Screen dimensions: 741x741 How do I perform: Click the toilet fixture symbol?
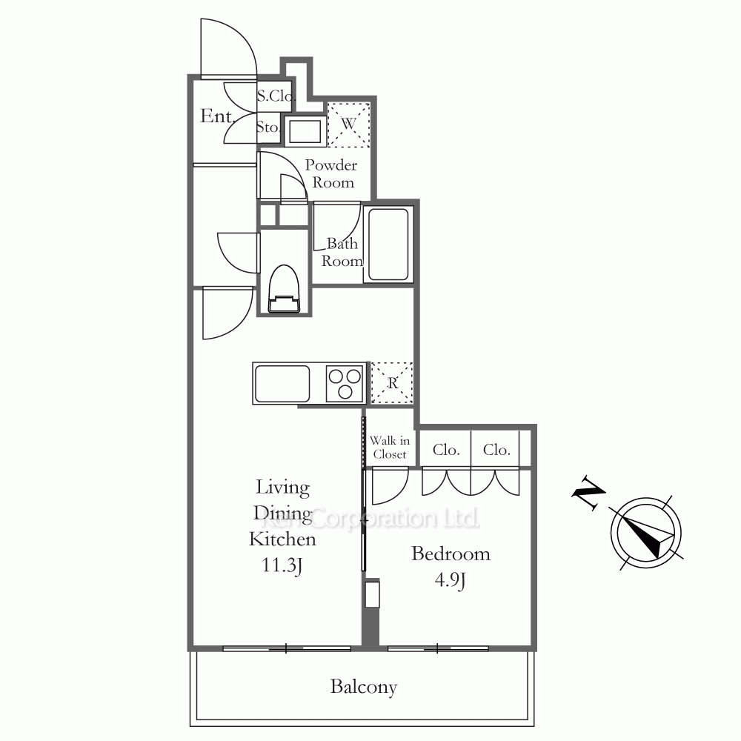point(284,289)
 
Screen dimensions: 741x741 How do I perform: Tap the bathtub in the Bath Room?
point(388,245)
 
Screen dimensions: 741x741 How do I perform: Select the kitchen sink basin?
point(282,384)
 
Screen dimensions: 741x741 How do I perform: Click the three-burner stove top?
point(345,383)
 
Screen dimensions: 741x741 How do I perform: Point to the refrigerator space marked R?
point(392,383)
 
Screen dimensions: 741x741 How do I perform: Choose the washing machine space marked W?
point(349,124)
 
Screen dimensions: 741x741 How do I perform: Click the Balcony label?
point(363,687)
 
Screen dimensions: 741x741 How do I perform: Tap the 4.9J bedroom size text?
point(451,580)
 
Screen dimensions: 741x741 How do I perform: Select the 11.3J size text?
point(282,565)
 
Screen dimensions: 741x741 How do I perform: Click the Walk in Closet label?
point(390,448)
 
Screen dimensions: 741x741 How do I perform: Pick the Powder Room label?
point(330,173)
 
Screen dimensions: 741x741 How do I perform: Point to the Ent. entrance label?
point(217,116)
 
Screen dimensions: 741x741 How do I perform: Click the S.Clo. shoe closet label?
point(276,96)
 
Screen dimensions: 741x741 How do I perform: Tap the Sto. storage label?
point(268,127)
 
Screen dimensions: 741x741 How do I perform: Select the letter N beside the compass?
point(588,492)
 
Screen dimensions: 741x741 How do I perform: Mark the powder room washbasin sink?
point(305,130)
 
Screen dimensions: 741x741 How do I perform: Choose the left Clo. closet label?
point(446,450)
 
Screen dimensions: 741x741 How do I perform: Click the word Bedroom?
point(451,554)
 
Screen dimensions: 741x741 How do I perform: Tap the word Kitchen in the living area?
point(282,539)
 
